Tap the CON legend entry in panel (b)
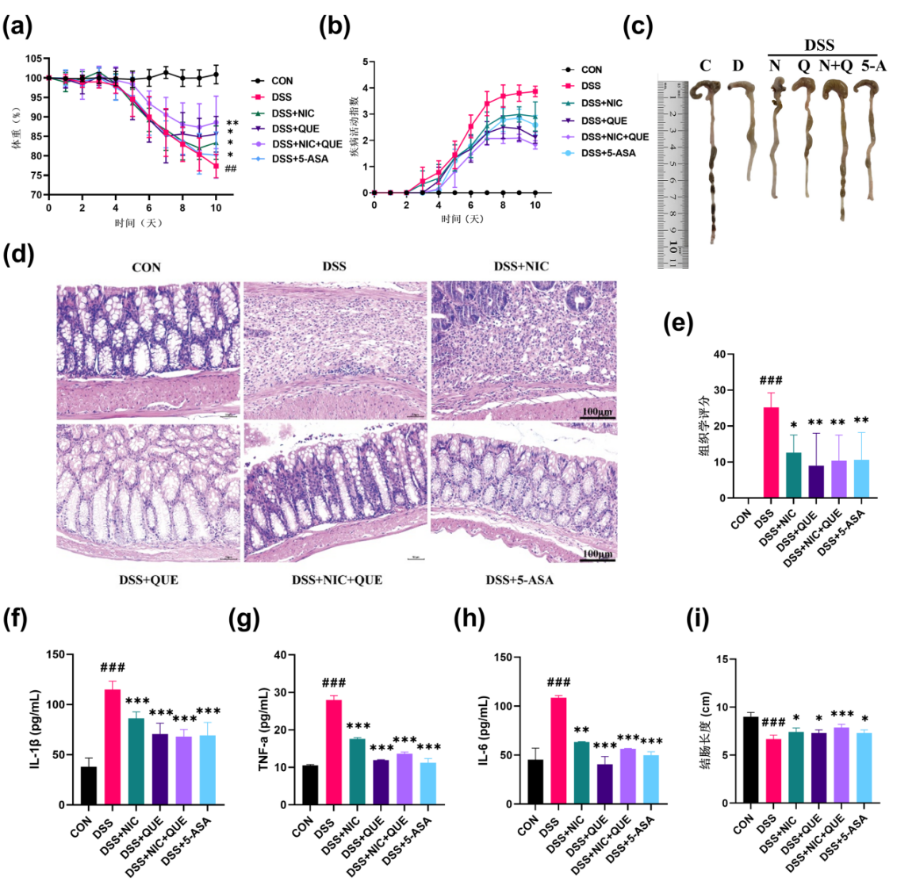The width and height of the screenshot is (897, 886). coord(591,70)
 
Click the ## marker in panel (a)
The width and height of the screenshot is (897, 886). coord(231,168)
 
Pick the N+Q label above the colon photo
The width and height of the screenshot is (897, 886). coord(835,66)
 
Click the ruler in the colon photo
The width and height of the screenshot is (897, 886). coord(673,174)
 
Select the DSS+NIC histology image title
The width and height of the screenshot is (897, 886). coord(521,267)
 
